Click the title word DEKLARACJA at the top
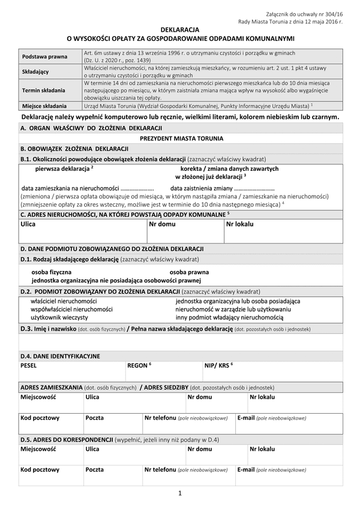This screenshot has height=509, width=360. coord(180,29)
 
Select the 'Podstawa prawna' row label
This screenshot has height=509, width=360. coord(44,56)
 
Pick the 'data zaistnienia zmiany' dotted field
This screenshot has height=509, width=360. coord(218,188)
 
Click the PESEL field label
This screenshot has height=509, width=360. coord(29,365)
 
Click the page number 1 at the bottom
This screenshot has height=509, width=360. coord(180,494)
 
